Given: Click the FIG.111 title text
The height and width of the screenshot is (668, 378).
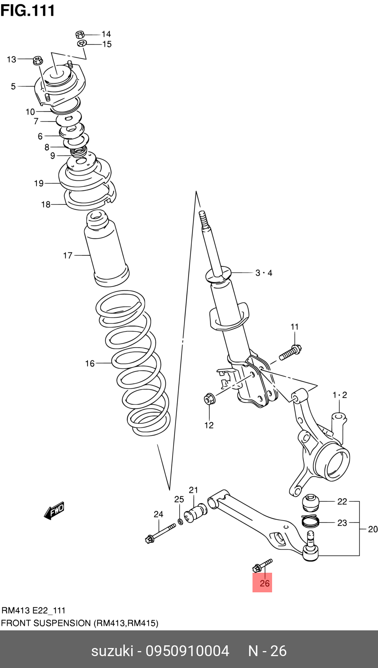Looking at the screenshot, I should coord(28,10).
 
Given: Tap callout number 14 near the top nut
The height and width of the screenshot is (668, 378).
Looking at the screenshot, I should coord(106,34).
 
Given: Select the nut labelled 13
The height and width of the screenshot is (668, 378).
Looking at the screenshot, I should coord(38,60).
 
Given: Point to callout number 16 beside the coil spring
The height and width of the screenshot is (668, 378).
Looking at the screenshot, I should coord(90,363).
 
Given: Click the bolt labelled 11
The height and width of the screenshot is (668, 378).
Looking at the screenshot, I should coord(290,352).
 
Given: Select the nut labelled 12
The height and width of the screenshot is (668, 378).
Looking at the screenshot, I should coord(209,399).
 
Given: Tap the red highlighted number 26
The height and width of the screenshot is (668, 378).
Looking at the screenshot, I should coord(264,583).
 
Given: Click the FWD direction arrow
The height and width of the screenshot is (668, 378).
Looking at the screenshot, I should coord(54,511).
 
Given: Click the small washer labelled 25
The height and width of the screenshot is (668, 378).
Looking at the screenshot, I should coord(180,521).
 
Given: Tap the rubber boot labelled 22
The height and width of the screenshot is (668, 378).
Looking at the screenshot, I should coord(311,502).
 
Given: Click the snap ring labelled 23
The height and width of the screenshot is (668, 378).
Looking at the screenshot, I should coord(310,522).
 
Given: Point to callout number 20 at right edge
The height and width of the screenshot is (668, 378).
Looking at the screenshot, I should coord(373,529).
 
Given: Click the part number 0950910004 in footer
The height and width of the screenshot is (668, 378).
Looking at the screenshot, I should coord(187,651).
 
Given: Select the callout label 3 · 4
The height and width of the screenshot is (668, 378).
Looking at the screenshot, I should coord(264,273).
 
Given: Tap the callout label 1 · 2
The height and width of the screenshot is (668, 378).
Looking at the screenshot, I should coord(340,395).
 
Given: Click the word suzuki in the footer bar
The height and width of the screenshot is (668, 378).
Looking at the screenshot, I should coord(112,651).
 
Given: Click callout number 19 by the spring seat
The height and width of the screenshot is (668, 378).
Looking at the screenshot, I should coord(39,183).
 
